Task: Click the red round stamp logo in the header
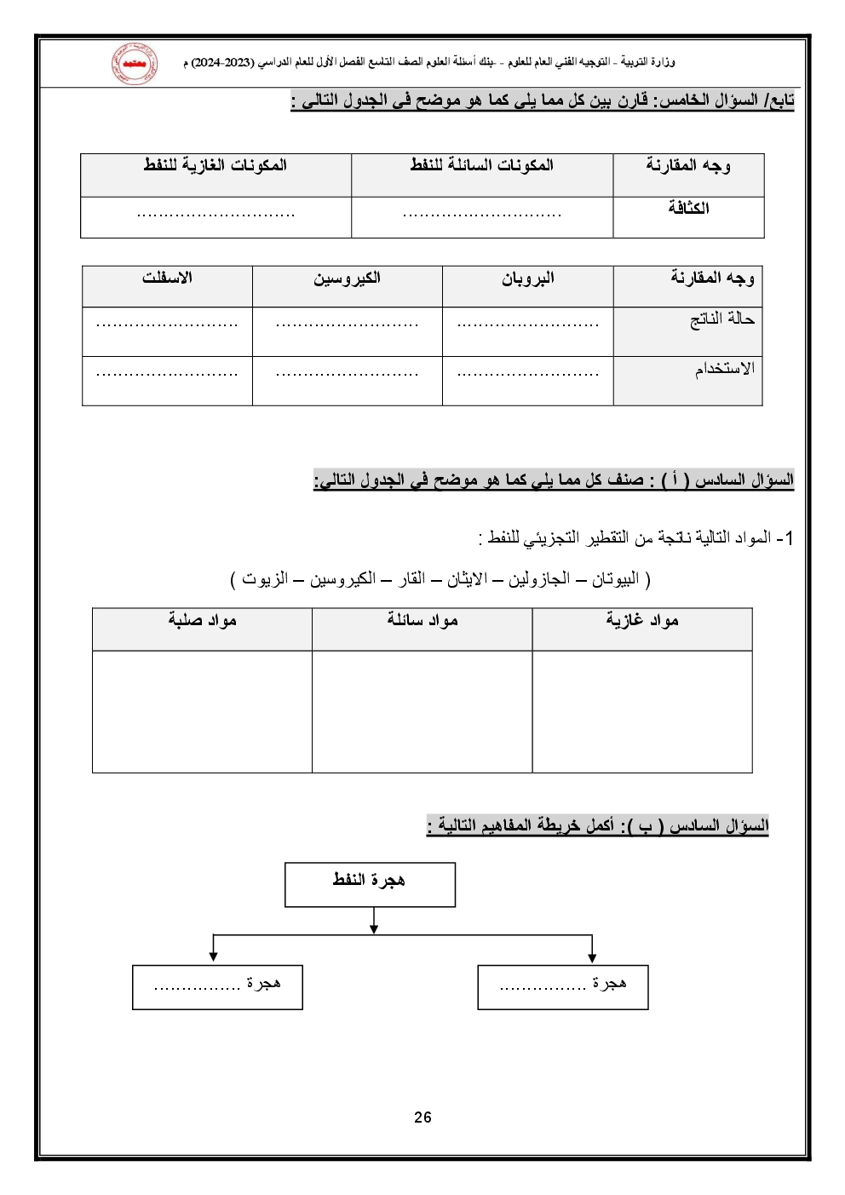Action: pyautogui.click(x=134, y=64)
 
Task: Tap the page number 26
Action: pyautogui.click(x=422, y=1117)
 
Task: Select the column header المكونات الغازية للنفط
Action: pyautogui.click(x=216, y=165)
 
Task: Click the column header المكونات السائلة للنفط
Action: pyautogui.click(x=481, y=165)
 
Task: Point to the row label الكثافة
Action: pyautogui.click(x=688, y=208)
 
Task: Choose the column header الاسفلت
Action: pyautogui.click(x=167, y=279)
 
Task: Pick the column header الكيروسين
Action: pyautogui.click(x=347, y=279)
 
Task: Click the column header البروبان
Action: pyautogui.click(x=527, y=279)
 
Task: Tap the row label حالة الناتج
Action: pyautogui.click(x=721, y=319)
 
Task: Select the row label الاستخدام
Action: pyautogui.click(x=724, y=369)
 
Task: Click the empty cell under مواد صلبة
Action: pyautogui.click(x=202, y=711)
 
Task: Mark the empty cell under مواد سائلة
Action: pyautogui.click(x=422, y=711)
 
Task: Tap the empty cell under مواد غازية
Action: pyautogui.click(x=642, y=711)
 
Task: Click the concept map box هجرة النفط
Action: pyautogui.click(x=370, y=884)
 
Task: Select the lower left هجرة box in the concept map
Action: pyautogui.click(x=217, y=986)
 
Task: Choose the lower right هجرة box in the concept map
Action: pyautogui.click(x=563, y=986)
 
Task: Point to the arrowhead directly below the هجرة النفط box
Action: pyautogui.click(x=374, y=928)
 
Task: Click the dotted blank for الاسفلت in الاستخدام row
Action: pyautogui.click(x=167, y=374)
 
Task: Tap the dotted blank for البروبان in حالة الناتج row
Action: pyautogui.click(x=527, y=325)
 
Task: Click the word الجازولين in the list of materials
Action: pyautogui.click(x=539, y=579)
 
